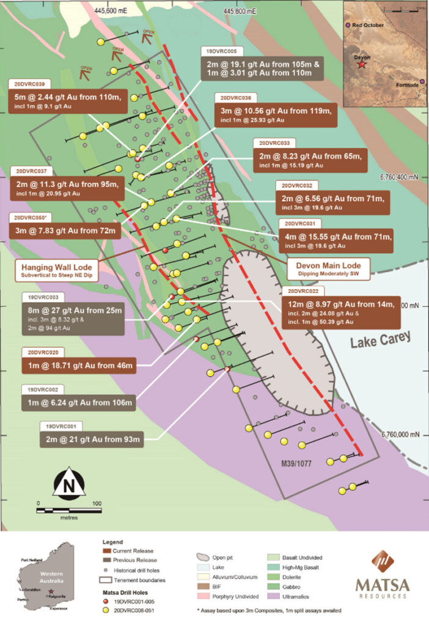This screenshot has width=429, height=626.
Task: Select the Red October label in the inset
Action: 367,26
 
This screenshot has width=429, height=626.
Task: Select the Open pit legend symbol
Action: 205,558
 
